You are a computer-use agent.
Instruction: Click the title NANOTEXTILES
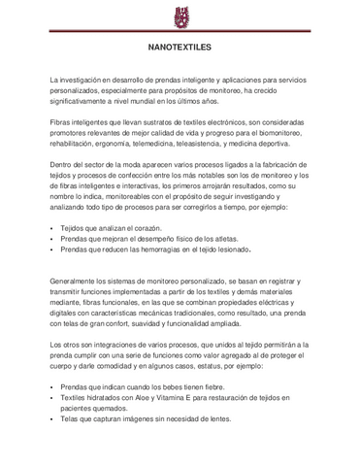coord(180,46)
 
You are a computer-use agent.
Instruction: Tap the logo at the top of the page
coord(180,16)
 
